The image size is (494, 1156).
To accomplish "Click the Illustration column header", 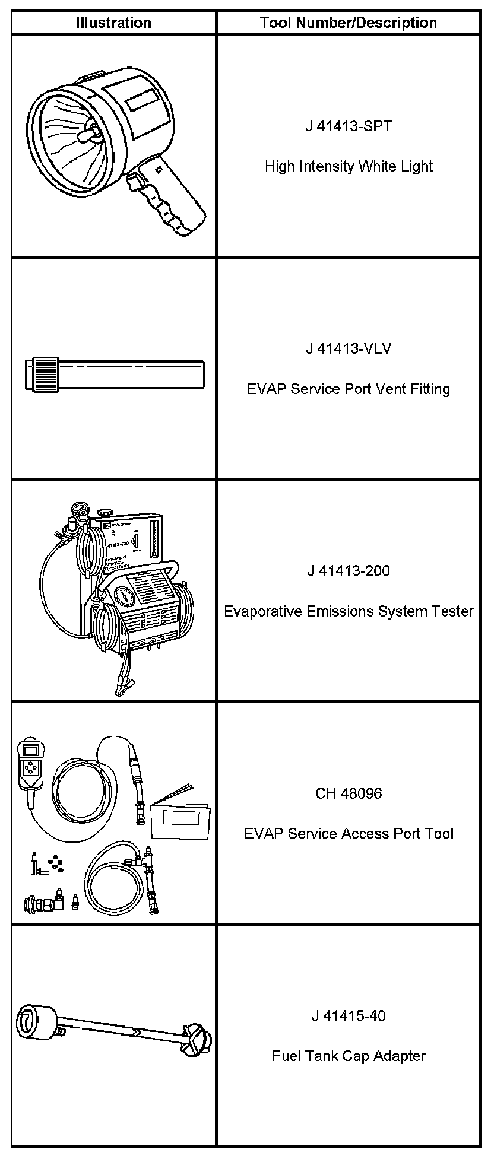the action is click(x=113, y=23).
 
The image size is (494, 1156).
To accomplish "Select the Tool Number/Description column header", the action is click(x=349, y=23).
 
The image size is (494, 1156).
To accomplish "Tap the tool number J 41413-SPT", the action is click(x=349, y=126).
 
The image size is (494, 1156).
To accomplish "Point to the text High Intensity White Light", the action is click(x=349, y=166).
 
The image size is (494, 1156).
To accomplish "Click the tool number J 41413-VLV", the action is click(x=349, y=348).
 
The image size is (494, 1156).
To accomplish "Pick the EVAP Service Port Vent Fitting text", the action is click(x=349, y=389).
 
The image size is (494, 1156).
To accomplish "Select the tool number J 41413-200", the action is click(x=349, y=571).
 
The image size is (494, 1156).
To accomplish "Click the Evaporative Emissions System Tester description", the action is click(x=349, y=611).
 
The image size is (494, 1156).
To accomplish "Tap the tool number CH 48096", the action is click(x=349, y=793).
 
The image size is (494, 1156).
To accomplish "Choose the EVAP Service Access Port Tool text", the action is click(x=349, y=834).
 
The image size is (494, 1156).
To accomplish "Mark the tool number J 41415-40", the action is click(x=349, y=1016).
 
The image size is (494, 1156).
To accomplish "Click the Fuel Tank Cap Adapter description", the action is click(x=349, y=1056).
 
